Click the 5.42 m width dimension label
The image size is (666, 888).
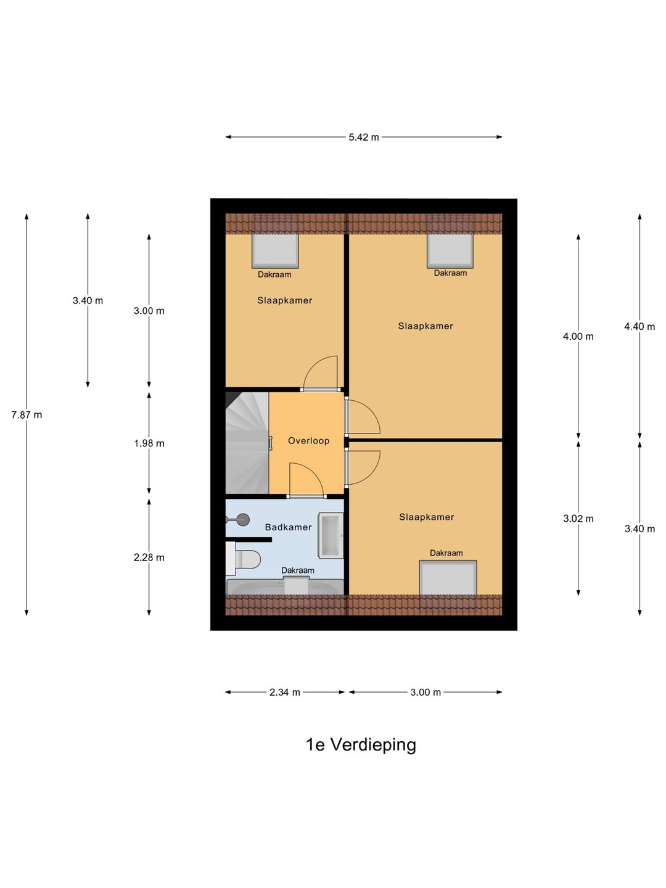[364, 137]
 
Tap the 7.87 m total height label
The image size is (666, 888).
[27, 414]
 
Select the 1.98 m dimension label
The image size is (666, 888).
[149, 443]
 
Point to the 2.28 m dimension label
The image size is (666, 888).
[149, 557]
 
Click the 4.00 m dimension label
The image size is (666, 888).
[578, 336]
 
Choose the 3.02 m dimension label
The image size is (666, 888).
[578, 518]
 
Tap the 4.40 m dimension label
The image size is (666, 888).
[639, 326]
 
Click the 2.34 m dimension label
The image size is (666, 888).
[285, 692]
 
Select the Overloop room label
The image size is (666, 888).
[308, 440]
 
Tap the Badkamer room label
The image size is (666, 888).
[289, 527]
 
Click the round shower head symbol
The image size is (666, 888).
[243, 519]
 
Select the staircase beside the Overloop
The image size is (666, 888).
[247, 443]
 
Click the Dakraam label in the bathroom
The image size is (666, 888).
[298, 570]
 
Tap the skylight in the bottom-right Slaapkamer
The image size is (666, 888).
[448, 579]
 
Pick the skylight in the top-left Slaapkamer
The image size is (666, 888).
[276, 251]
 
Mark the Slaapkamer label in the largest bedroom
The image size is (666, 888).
[425, 326]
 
